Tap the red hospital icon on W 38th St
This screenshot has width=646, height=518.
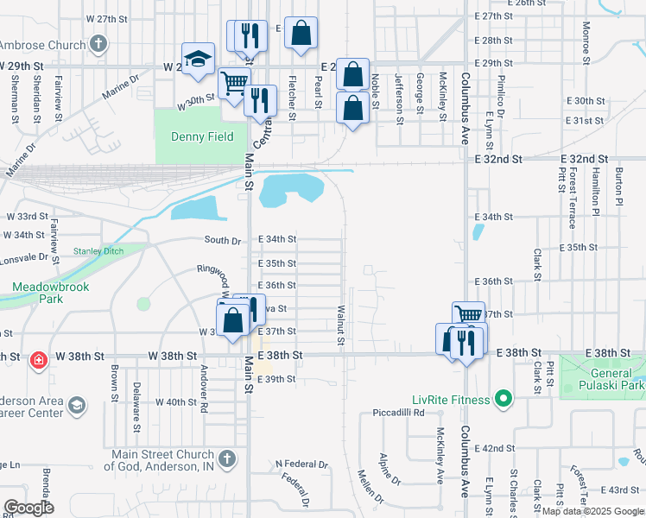point(38,360)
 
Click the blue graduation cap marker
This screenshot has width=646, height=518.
point(198,60)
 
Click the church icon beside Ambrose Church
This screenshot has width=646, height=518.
point(98,43)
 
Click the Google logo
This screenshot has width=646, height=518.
point(29,508)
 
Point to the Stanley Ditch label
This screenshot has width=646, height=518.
point(98,251)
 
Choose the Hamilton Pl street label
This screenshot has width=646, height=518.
point(595,193)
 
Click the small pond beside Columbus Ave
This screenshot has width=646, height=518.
point(478,231)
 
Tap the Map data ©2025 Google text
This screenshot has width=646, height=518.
point(591,511)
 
